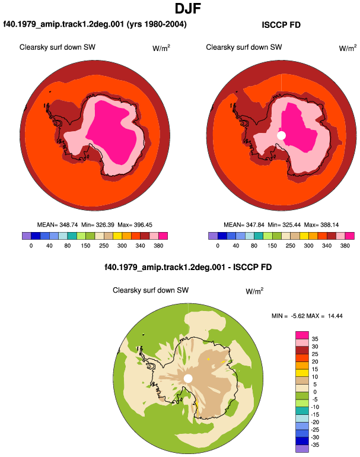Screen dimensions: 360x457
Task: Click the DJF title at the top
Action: point(188,8)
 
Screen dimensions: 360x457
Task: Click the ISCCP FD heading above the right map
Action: point(281,25)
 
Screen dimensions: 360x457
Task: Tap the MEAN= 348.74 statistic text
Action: point(58,225)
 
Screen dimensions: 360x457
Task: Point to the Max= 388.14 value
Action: point(321,225)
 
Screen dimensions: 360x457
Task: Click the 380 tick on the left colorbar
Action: point(158,246)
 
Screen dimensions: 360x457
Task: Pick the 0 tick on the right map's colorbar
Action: point(218,246)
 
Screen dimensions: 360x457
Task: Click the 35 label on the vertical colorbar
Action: point(315,339)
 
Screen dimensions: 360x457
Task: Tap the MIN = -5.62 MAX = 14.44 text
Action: point(307,316)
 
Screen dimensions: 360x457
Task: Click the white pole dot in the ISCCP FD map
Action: point(281,135)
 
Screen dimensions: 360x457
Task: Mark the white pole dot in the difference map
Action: point(188,379)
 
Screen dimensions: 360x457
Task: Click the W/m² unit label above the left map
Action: point(161,48)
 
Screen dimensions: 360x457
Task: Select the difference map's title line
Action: point(188,267)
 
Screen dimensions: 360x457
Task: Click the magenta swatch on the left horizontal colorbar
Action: point(163,236)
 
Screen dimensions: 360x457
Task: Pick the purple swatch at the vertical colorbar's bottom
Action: point(302,449)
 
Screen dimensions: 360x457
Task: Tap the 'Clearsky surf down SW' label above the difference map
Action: point(151,290)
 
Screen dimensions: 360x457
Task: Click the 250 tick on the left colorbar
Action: point(104,246)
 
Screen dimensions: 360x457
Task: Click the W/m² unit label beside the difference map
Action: point(254,291)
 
